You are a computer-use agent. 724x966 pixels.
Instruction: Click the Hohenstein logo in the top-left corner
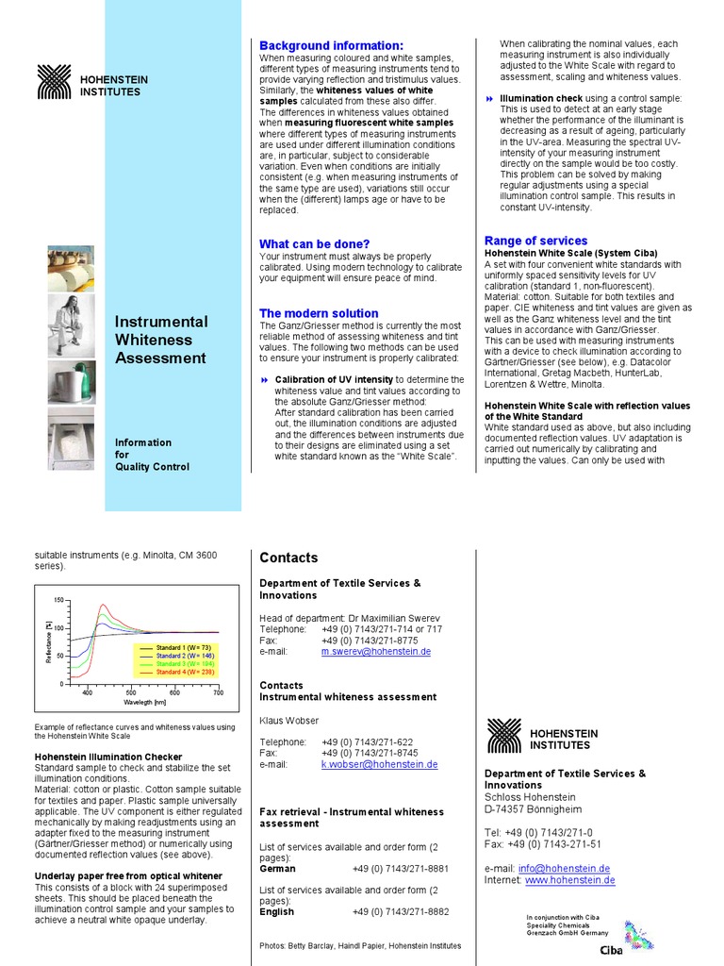tap(54, 81)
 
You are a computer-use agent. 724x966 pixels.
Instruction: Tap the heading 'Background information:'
tap(331, 45)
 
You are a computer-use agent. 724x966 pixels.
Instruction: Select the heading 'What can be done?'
tap(314, 243)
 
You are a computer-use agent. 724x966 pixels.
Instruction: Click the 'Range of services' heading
tap(535, 241)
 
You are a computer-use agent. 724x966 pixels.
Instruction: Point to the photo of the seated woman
tap(71, 325)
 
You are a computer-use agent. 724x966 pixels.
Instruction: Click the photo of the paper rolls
tap(71, 268)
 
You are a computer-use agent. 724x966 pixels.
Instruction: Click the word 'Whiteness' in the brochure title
tap(153, 340)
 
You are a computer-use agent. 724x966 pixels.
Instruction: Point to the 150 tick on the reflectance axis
tap(58, 601)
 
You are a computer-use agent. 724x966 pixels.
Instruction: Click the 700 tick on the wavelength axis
tap(218, 692)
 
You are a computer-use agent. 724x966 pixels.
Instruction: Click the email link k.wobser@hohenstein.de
tap(379, 765)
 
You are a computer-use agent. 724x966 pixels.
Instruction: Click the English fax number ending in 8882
tap(400, 912)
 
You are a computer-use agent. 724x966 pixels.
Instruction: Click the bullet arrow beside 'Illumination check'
tap(489, 99)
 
